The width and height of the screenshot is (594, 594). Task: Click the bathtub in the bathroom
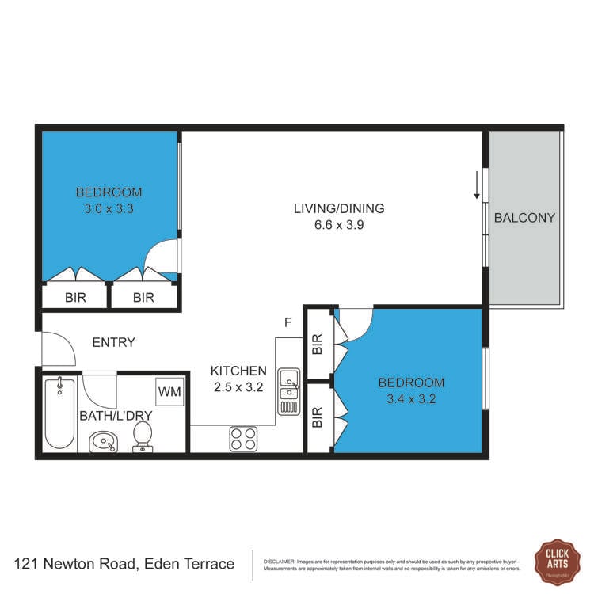pyautogui.click(x=59, y=412)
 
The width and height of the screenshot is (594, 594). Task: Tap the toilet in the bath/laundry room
pyautogui.click(x=143, y=436)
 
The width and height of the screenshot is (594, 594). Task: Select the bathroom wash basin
pyautogui.click(x=103, y=440)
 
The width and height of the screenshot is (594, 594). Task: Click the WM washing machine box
pyautogui.click(x=169, y=391)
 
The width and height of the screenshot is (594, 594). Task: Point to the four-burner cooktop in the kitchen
pyautogui.click(x=243, y=438)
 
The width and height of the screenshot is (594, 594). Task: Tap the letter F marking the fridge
pyautogui.click(x=289, y=323)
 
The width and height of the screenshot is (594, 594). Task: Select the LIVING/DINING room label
pyautogui.click(x=339, y=209)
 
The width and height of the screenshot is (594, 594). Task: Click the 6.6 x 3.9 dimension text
pyautogui.click(x=339, y=224)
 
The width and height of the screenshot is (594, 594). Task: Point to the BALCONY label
pyautogui.click(x=524, y=218)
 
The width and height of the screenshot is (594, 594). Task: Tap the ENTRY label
pyautogui.click(x=114, y=343)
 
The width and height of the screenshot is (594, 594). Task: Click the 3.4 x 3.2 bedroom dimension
pyautogui.click(x=411, y=398)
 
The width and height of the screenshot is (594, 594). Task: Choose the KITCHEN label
pyautogui.click(x=238, y=371)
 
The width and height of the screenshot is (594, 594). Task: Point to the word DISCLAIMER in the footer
pyautogui.click(x=278, y=561)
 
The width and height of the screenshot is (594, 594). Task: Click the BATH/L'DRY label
pyautogui.click(x=115, y=415)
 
